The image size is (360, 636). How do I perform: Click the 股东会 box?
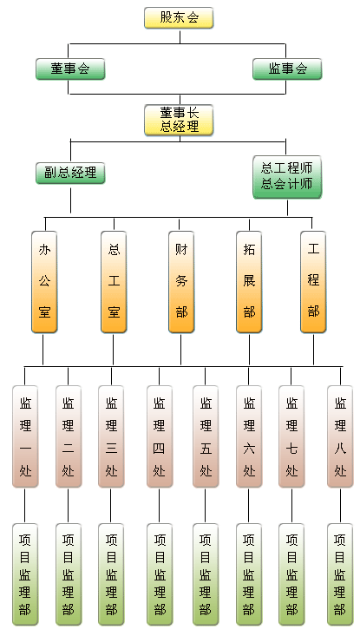[x=179, y=18]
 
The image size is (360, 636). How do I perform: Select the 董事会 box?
[x=70, y=69]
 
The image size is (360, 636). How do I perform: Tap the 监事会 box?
[x=287, y=69]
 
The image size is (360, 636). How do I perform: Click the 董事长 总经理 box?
[x=179, y=120]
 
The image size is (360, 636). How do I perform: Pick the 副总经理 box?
[x=70, y=174]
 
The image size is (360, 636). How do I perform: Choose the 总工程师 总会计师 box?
[x=287, y=177]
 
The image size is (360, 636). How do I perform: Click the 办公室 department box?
[x=44, y=282]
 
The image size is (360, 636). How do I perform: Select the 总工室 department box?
[x=114, y=282]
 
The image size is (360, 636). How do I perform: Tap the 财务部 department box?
[x=181, y=282]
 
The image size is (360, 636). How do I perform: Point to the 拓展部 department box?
[x=249, y=282]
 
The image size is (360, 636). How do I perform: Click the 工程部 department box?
[x=313, y=282]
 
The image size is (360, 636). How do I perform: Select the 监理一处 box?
[x=25, y=436]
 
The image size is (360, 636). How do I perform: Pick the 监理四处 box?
[x=160, y=436]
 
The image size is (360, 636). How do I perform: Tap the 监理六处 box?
[x=249, y=436]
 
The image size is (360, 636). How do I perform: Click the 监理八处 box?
[x=340, y=436]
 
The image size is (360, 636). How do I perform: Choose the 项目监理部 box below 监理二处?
[x=69, y=574]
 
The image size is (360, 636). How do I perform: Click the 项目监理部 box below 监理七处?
[x=291, y=574]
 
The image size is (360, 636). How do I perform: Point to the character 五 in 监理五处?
[x=206, y=449]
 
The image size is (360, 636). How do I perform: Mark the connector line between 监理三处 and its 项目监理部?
[x=111, y=505]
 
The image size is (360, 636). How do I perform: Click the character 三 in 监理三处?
[x=111, y=449]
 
